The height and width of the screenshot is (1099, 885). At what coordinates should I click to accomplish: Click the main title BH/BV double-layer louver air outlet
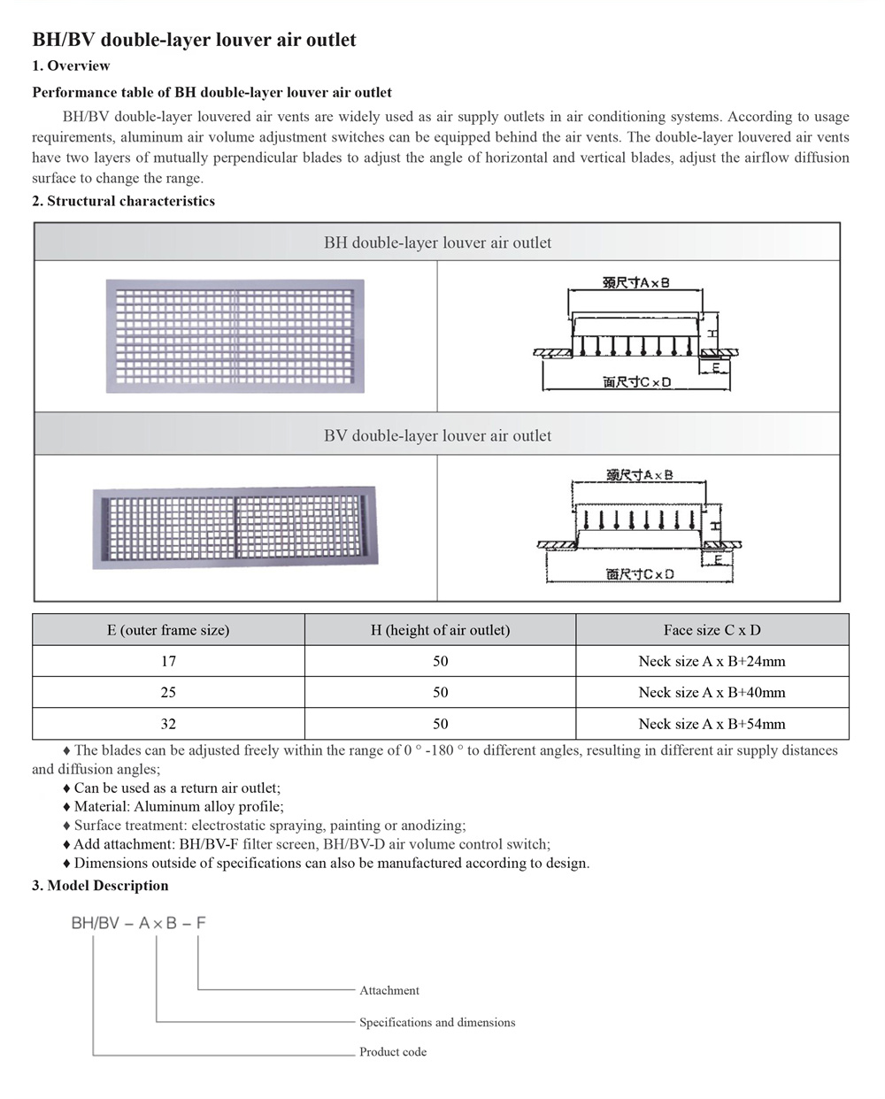(194, 40)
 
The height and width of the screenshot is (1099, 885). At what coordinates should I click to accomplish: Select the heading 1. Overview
(71, 65)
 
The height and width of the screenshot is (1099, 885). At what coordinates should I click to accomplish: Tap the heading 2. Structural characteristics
(123, 201)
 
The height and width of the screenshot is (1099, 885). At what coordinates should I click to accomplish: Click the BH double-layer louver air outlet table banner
(437, 242)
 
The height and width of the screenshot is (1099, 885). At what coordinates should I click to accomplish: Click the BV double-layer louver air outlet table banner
(437, 435)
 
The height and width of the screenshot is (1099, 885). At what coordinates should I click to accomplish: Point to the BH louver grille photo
(235, 336)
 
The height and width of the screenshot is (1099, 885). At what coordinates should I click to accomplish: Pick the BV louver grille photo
(234, 527)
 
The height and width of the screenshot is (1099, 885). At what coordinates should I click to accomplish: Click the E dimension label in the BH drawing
(715, 365)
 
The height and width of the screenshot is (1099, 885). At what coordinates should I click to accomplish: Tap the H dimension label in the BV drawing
(714, 526)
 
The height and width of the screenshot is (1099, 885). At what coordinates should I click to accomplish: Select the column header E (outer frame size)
(168, 630)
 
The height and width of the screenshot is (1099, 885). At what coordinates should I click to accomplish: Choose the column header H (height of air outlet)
(440, 630)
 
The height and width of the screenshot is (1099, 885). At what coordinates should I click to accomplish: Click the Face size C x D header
(712, 630)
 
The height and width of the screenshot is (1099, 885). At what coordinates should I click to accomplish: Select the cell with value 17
(168, 661)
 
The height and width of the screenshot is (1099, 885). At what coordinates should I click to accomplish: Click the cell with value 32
(168, 724)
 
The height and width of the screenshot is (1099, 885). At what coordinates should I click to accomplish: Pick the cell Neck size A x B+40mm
(712, 692)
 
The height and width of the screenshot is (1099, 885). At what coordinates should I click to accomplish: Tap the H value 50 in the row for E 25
(440, 692)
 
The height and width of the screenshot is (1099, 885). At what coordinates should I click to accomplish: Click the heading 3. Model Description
(100, 886)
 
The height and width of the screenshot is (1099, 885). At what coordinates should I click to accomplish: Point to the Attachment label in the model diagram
(389, 990)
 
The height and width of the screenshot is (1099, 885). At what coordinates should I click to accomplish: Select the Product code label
(393, 1052)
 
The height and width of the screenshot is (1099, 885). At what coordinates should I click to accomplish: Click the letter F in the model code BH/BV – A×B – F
(201, 923)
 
